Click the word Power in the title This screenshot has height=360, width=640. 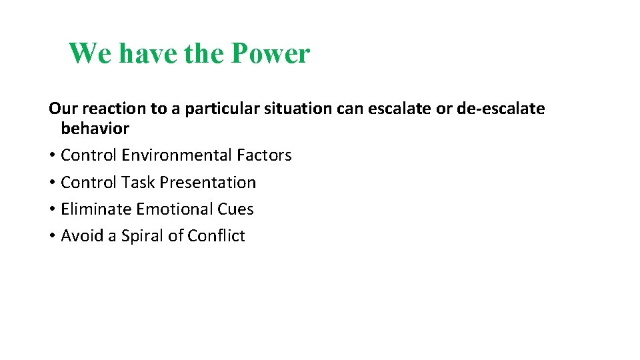tap(271, 53)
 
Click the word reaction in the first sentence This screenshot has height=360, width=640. tap(107, 109)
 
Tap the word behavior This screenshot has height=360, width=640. tap(95, 128)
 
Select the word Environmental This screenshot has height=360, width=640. tap(177, 155)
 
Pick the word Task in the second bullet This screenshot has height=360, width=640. tap(137, 182)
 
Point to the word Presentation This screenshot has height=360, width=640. tap(207, 182)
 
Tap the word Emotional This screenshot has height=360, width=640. tap(175, 209)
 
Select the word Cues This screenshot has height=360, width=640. tap(236, 209)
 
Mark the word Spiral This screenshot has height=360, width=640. tap(142, 236)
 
